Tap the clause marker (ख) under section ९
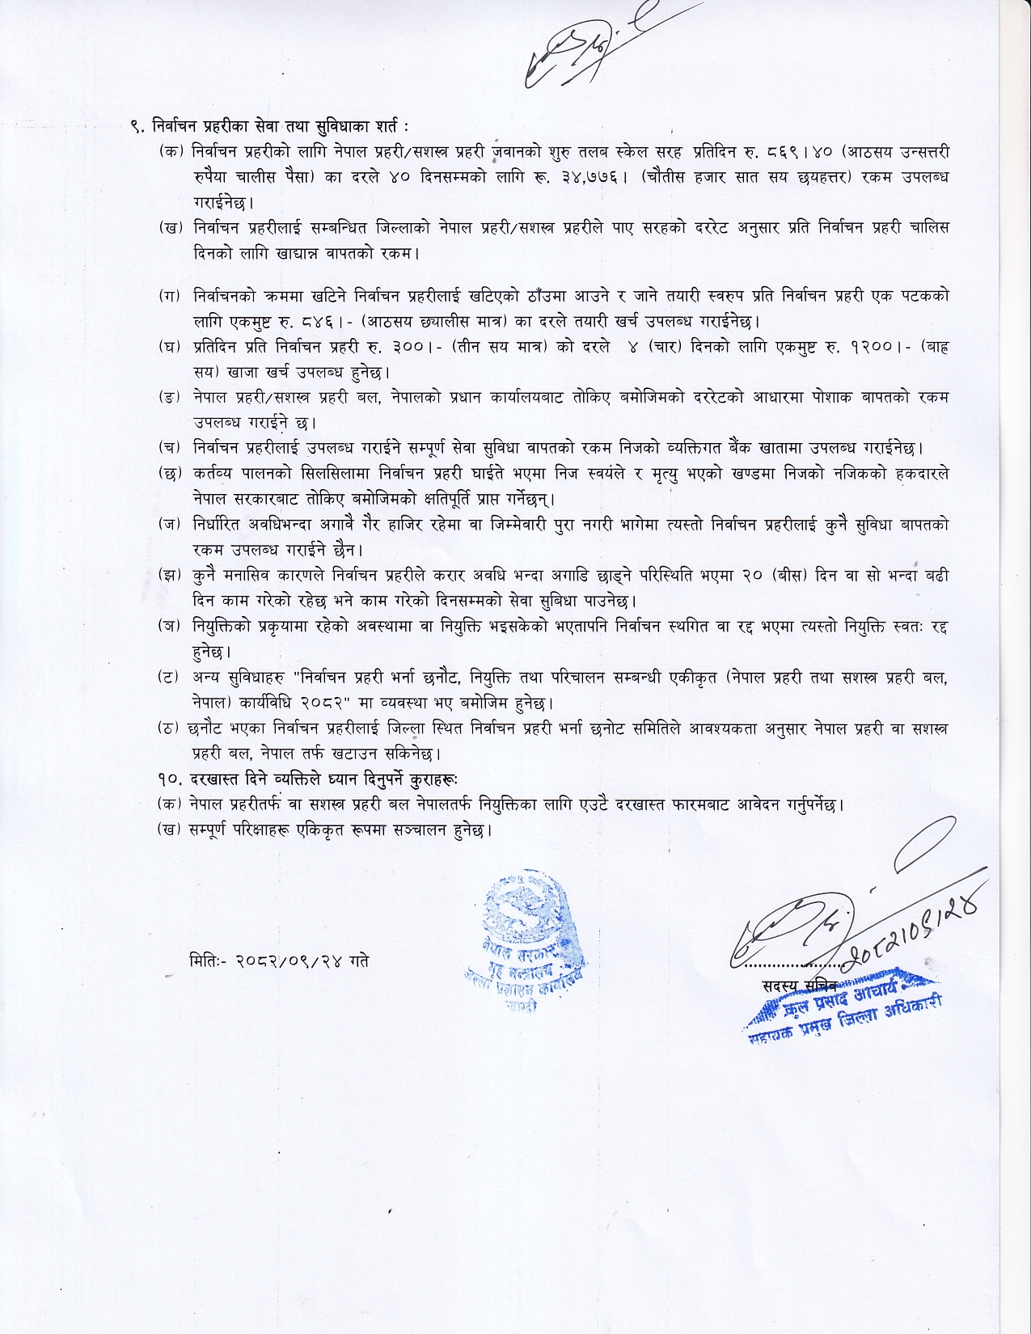tap(171, 228)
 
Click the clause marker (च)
tap(171, 447)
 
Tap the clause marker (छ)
tap(171, 473)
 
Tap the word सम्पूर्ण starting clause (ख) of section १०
tap(213, 830)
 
